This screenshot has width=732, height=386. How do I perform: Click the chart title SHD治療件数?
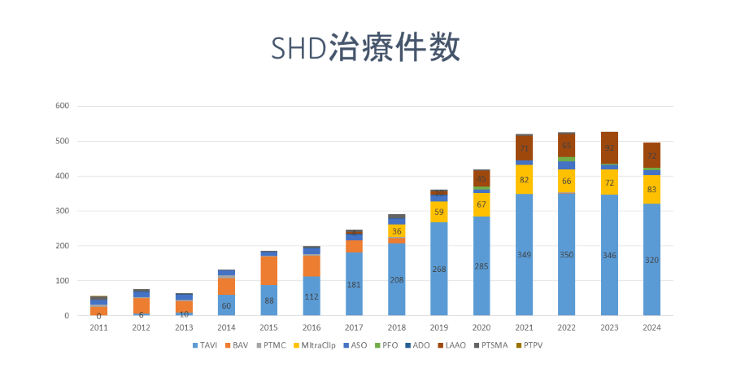click(365, 48)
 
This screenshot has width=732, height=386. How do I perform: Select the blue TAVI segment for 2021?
click(524, 269)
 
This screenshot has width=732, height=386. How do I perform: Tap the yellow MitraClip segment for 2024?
click(651, 189)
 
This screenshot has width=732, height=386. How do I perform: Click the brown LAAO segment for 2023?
click(609, 147)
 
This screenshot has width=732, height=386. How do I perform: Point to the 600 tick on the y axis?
click(63, 106)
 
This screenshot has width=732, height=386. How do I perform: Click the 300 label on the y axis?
click(63, 211)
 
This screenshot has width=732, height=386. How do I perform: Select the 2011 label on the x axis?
click(99, 328)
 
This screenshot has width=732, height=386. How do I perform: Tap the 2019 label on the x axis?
click(439, 328)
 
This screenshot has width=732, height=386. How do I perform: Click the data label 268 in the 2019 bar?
click(439, 270)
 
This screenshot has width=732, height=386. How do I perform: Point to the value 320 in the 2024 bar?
click(651, 260)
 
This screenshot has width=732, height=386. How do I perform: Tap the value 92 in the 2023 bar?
click(609, 149)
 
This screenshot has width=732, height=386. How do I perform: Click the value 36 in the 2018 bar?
click(397, 231)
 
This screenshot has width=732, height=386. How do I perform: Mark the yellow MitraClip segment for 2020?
click(481, 204)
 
